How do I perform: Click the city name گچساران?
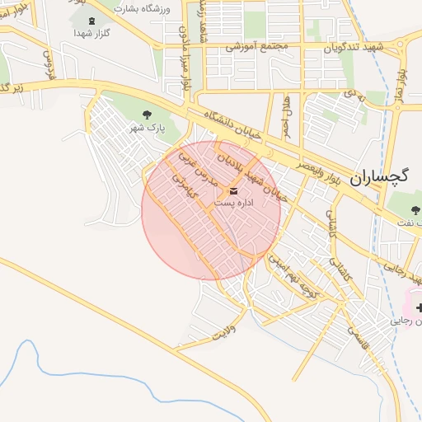pos(380,176)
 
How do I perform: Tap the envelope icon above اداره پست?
pos(233,191)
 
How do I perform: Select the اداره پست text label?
pos(234,203)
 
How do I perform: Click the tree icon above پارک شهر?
pos(148,115)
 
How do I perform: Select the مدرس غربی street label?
pos(202,169)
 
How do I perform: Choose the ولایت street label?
pos(224,334)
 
